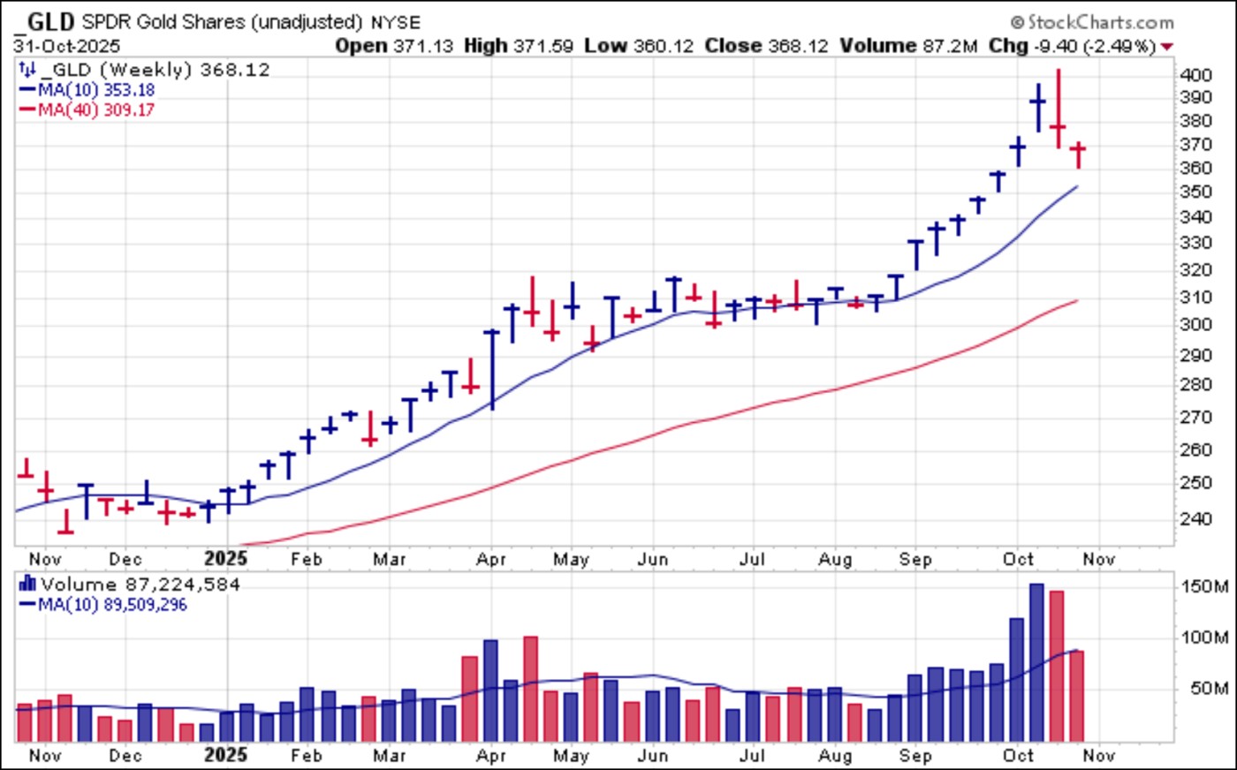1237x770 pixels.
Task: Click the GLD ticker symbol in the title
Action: [x=50, y=21]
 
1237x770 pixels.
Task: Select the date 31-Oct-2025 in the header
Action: [x=67, y=46]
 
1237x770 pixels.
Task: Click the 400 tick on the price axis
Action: [x=1195, y=75]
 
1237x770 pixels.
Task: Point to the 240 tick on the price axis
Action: [x=1195, y=518]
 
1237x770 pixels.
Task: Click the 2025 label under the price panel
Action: [x=225, y=558]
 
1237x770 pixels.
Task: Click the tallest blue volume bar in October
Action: [x=1036, y=661]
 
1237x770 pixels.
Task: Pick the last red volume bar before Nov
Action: [x=1077, y=695]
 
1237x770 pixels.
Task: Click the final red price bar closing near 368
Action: [x=1078, y=154]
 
